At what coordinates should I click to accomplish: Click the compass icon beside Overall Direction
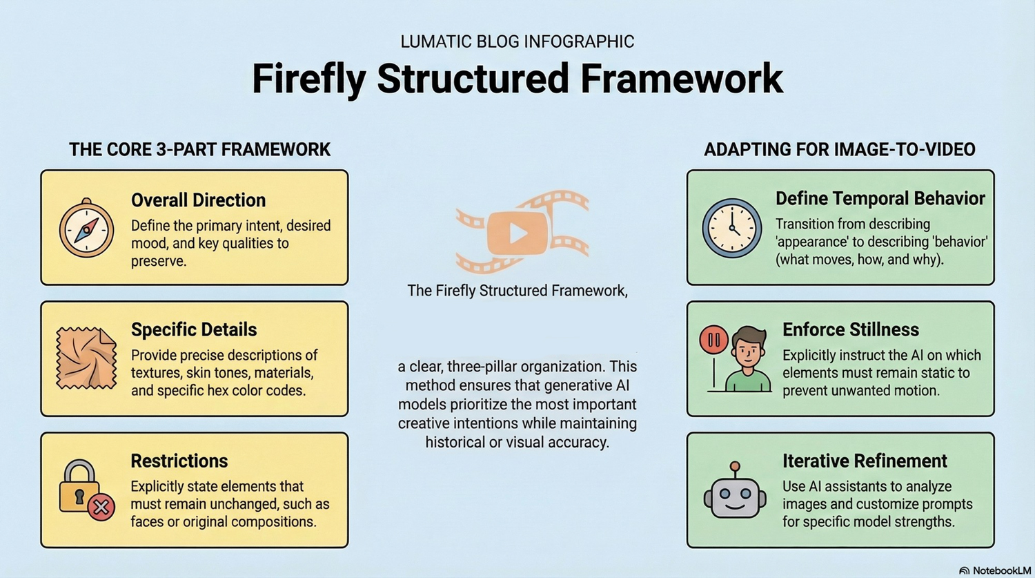[86, 228]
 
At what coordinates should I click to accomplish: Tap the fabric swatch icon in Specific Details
[86, 358]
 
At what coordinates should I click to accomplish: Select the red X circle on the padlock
[101, 508]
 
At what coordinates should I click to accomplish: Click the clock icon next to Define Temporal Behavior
[732, 228]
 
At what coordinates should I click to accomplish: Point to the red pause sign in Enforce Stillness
[714, 340]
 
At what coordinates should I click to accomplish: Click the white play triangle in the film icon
[518, 233]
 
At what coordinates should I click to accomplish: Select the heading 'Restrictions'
[179, 461]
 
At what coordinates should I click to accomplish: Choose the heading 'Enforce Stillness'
[851, 329]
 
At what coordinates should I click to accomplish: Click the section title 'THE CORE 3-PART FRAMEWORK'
[199, 149]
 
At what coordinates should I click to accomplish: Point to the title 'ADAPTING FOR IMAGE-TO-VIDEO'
[840, 149]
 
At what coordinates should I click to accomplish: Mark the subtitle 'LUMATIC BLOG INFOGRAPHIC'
[517, 41]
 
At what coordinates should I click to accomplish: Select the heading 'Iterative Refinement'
[865, 461]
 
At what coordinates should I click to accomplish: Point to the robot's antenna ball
[735, 466]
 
